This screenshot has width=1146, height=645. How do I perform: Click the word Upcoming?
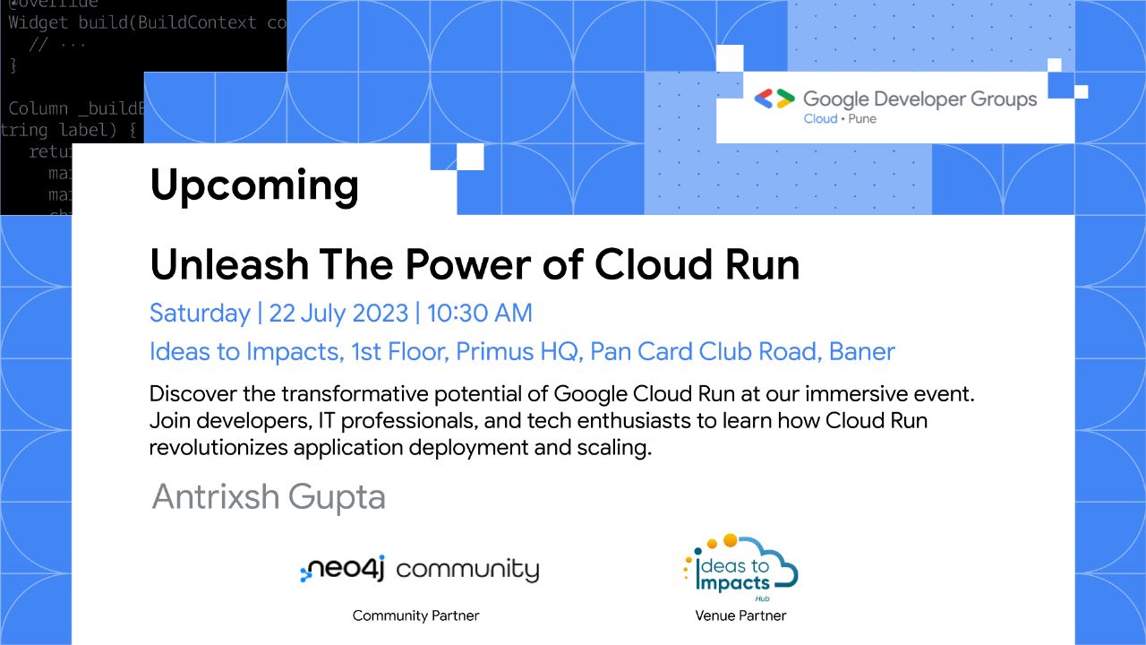(254, 186)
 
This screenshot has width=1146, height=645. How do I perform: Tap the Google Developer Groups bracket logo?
(774, 99)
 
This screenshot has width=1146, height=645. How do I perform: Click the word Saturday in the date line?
(200, 314)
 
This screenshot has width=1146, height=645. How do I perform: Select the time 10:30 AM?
(479, 314)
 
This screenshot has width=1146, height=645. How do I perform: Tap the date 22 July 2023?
(338, 314)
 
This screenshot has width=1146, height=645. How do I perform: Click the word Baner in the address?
(862, 351)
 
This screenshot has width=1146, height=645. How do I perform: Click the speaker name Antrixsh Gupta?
(269, 496)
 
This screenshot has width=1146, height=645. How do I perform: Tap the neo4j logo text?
(345, 569)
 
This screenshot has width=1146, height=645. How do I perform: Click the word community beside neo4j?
(467, 569)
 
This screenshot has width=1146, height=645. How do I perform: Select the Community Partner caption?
(415, 615)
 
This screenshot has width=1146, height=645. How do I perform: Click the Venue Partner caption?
(740, 615)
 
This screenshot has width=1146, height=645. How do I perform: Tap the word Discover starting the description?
(189, 393)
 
